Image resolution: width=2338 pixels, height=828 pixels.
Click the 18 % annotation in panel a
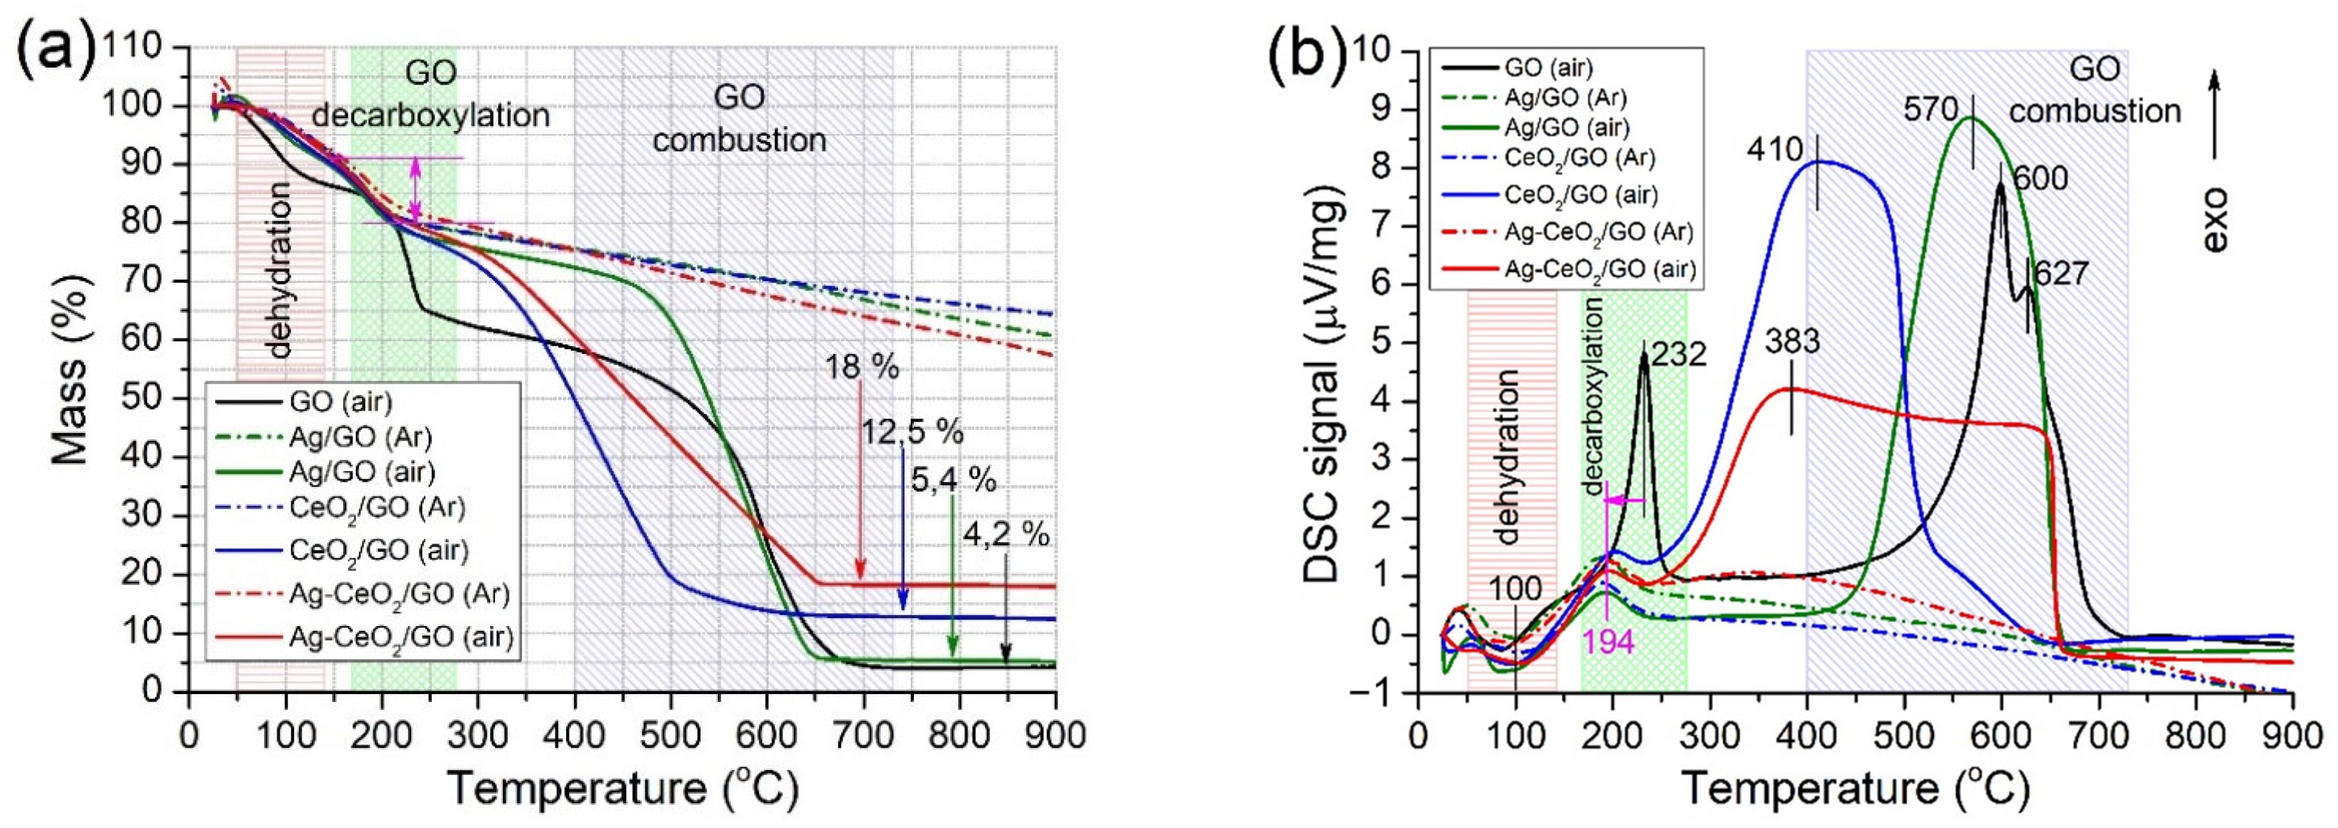point(862,368)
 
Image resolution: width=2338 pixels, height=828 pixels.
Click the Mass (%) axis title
point(71,368)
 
